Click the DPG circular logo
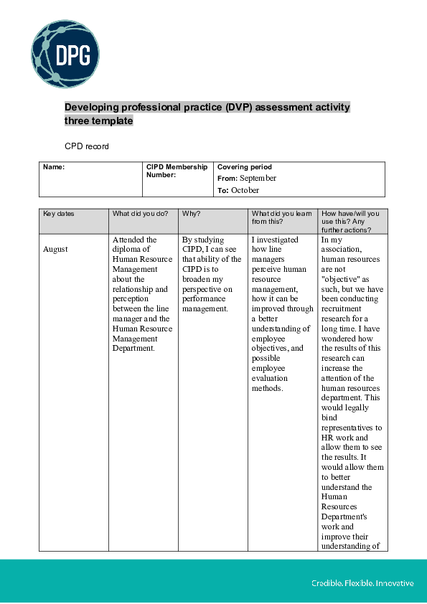click(x=65, y=54)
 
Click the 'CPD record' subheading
click(x=87, y=146)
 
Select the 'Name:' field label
click(x=54, y=167)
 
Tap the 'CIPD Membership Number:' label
click(x=177, y=171)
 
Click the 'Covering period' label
click(x=244, y=167)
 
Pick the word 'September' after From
click(x=258, y=179)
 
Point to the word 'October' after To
click(x=245, y=191)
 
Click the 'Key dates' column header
click(x=58, y=214)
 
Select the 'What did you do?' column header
click(x=140, y=214)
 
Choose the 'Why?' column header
click(x=191, y=214)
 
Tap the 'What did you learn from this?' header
click(x=281, y=217)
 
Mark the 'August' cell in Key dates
click(x=55, y=250)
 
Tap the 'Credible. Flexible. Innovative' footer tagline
click(x=362, y=583)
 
